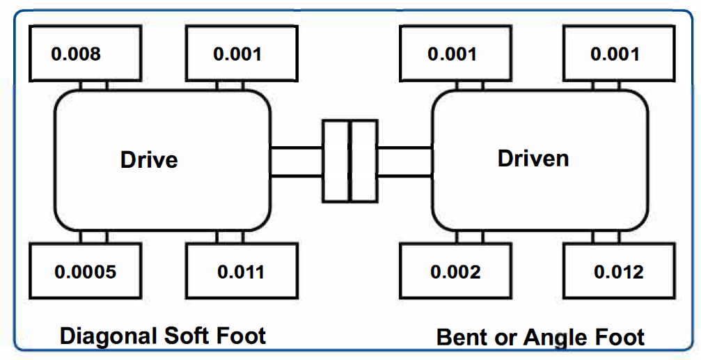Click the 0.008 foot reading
[x=76, y=54]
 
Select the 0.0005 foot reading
[x=86, y=272]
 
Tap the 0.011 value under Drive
[x=241, y=272]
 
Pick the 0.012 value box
[x=619, y=272]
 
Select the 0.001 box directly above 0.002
[x=452, y=54]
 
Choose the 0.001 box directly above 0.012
[x=615, y=54]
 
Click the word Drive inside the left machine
[x=149, y=159]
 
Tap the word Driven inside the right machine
[x=533, y=158]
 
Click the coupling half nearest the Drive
[x=336, y=160]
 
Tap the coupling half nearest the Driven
[x=363, y=160]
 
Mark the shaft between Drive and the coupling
[x=296, y=161]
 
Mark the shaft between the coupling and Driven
[x=404, y=161]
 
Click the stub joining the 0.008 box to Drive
[x=93, y=85]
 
